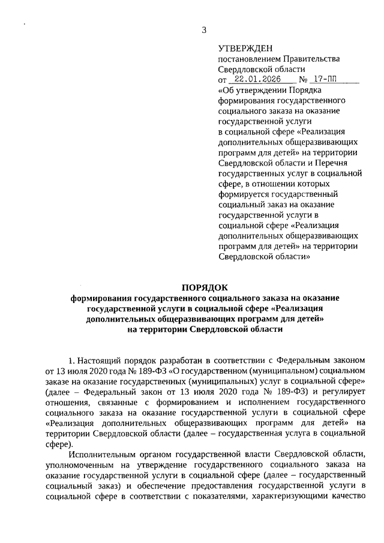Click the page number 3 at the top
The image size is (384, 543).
click(x=204, y=30)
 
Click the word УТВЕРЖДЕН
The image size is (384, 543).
click(x=245, y=48)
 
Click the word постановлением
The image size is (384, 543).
click(x=247, y=59)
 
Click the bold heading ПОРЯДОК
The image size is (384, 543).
click(x=204, y=288)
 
